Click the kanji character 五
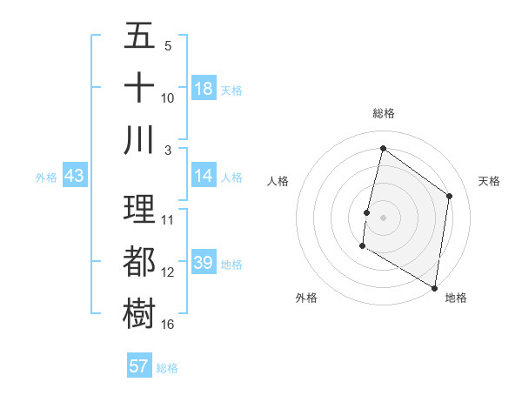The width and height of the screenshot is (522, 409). pos(139,37)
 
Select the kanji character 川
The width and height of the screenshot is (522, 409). pos(139,140)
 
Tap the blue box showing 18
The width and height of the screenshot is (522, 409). pos(204,88)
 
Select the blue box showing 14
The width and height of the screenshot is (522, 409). pos(204,177)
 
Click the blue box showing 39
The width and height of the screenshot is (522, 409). pos(204,263)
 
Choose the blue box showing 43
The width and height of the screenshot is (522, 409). pos(75,177)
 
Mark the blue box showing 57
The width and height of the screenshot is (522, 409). pos(139,366)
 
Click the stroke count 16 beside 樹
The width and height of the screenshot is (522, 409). pos(168,325)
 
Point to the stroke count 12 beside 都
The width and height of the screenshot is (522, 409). pos(168,272)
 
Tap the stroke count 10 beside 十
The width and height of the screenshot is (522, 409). pos(168,98)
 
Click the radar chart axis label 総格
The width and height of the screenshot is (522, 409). pos(384,113)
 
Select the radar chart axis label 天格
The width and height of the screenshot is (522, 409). pos(489,181)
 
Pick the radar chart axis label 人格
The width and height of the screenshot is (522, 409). pos(278,181)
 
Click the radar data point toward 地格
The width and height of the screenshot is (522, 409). pos(434,287)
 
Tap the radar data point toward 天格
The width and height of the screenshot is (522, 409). pos(450,196)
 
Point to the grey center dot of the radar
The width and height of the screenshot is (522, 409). pos(383,218)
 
